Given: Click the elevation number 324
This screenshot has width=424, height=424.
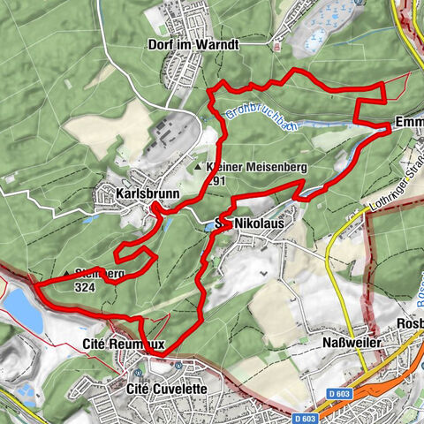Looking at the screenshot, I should [86, 287].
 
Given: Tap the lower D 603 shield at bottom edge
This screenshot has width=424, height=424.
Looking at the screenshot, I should [306, 417].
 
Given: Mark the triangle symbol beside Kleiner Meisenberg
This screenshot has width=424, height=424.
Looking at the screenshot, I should [199, 166].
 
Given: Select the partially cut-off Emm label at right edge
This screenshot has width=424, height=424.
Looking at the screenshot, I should [411, 122].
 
